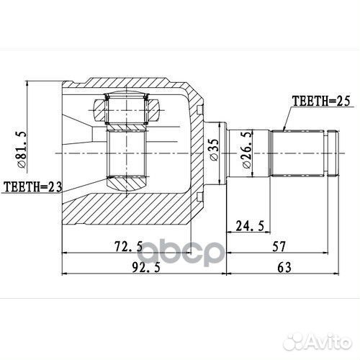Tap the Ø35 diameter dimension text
tap(214, 148)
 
